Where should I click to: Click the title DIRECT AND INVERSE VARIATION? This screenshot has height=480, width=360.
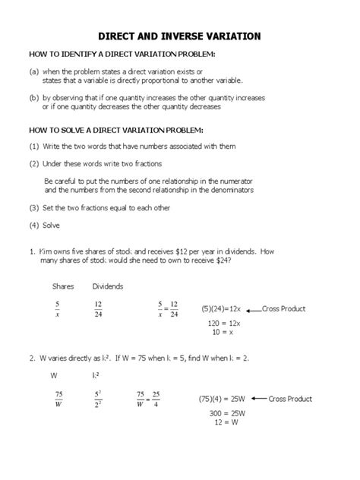pos(179,36)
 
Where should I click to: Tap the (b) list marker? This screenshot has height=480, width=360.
pos(35,98)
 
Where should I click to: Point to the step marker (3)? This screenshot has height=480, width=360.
pos(34,207)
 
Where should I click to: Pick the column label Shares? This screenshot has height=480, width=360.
pos(62,286)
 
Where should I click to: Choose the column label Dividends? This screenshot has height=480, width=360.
pos(108,286)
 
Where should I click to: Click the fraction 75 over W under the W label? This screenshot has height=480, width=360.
pos(58,399)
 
